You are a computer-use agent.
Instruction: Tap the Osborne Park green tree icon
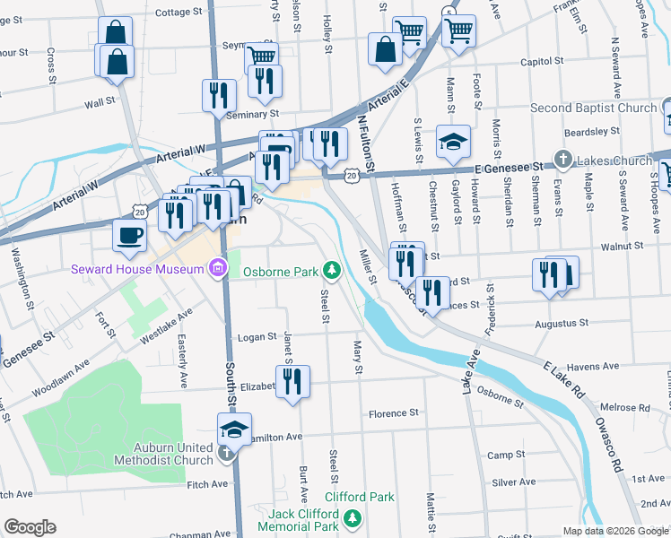click(332, 270)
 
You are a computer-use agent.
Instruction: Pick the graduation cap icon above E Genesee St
click(453, 142)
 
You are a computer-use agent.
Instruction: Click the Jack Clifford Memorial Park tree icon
click(353, 518)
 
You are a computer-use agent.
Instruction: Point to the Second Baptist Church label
click(593, 108)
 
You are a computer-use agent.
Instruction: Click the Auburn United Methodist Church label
click(163, 453)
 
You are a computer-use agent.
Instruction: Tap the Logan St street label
click(257, 337)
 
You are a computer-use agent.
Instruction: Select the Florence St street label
click(395, 413)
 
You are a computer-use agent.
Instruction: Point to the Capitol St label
click(543, 63)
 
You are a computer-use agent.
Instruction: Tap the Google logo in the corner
click(30, 527)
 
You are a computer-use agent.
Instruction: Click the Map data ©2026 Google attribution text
click(615, 531)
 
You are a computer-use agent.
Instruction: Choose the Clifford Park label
click(359, 497)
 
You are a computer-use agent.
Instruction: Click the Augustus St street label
click(561, 323)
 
